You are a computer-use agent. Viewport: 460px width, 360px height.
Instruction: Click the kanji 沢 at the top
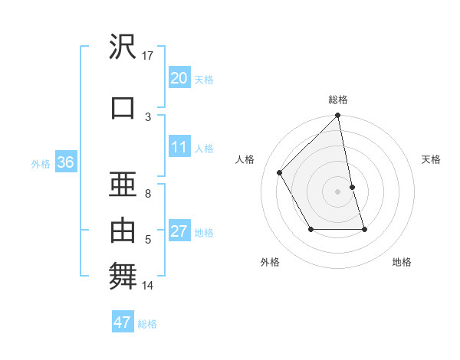point(123,47)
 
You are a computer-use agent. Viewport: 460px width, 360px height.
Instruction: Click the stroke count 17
point(148,55)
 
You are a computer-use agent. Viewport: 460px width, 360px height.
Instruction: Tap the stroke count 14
point(148,286)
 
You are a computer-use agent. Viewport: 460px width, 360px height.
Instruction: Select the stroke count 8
point(148,193)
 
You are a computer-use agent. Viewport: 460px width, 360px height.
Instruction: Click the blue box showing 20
point(179,78)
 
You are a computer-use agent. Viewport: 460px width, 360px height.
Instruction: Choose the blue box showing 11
point(179,147)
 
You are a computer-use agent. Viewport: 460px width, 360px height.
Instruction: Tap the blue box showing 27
point(179,232)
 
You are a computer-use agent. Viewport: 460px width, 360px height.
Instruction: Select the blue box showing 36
point(65,162)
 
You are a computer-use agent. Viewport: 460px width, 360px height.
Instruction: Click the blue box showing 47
point(122,322)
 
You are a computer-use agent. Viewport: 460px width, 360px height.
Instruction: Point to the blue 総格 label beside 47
point(147,324)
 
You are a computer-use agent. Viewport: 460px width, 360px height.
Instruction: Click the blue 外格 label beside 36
point(41,163)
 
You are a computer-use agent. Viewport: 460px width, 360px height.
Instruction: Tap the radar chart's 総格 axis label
point(338,100)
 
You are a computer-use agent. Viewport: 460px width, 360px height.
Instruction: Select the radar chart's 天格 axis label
point(431,159)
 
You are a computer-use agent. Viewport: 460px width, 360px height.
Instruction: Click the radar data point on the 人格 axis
point(280,172)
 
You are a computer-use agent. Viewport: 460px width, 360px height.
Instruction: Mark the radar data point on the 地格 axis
point(364,229)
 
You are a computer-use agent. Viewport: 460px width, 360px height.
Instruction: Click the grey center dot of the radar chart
point(338,191)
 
